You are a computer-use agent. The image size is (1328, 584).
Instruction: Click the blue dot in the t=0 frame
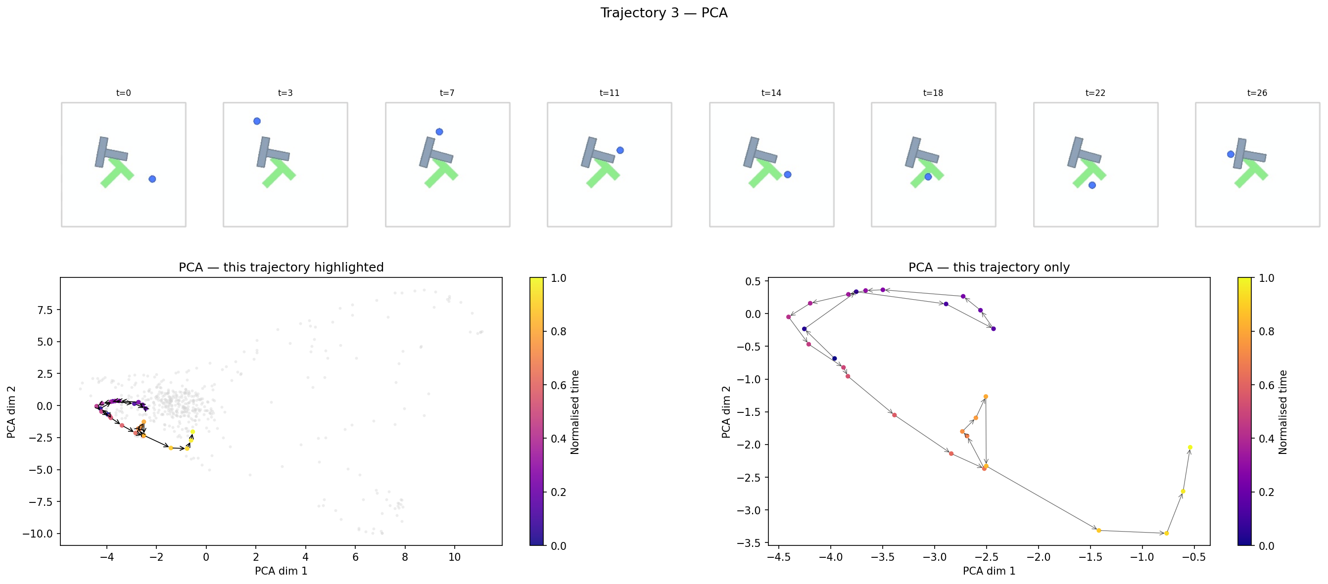tap(152, 179)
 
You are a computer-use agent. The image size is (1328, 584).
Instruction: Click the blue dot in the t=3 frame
tap(257, 121)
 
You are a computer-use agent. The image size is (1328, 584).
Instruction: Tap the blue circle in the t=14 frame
tap(787, 175)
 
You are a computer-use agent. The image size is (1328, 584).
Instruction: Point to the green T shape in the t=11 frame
tap(604, 173)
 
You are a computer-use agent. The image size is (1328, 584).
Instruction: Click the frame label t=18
tap(933, 93)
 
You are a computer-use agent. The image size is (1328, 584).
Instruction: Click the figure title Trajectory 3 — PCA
tap(664, 13)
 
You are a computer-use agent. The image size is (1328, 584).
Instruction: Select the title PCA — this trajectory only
tap(988, 267)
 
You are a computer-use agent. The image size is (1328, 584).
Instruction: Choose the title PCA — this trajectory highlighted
tap(281, 267)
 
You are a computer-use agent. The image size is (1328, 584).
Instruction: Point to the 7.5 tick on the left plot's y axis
tap(45, 310)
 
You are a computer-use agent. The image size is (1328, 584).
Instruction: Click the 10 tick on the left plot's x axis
tap(454, 557)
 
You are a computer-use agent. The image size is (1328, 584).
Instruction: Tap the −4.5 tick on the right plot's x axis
tap(778, 557)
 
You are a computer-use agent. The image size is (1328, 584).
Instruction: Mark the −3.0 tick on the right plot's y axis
tap(750, 510)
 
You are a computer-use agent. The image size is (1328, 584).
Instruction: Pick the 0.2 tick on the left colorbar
tap(558, 492)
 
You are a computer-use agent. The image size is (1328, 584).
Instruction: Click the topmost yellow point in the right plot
tap(1190, 448)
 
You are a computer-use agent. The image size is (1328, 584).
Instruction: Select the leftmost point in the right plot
tap(789, 317)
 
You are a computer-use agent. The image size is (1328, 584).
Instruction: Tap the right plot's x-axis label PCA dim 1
tap(988, 571)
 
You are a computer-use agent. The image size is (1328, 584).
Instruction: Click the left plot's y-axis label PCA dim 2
tap(11, 411)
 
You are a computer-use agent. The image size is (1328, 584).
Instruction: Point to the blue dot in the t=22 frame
tap(1092, 185)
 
